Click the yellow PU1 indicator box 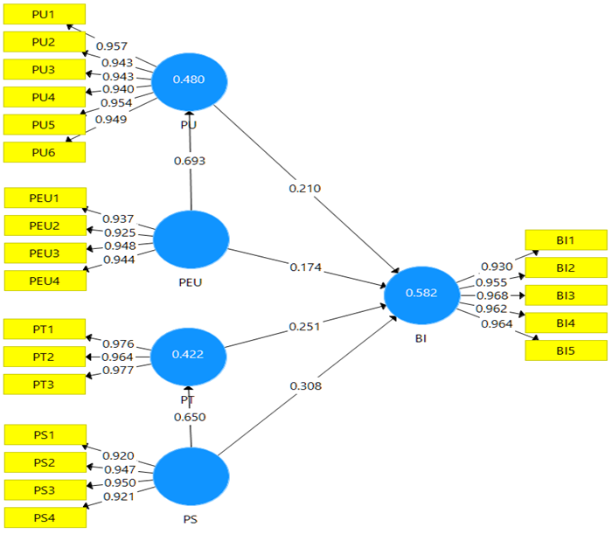click(x=44, y=14)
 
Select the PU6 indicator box click(x=44, y=152)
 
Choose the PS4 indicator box click(x=44, y=518)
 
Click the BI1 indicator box click(x=565, y=240)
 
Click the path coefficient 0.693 click(x=189, y=161)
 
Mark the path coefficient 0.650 click(x=189, y=417)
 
